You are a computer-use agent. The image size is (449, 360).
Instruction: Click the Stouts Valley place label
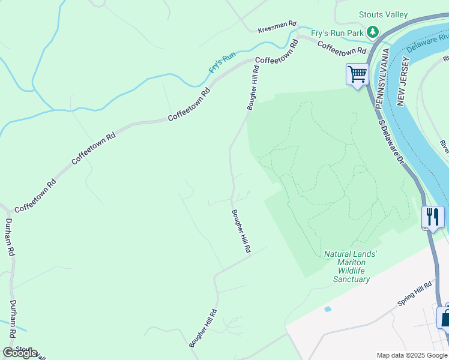[383, 14]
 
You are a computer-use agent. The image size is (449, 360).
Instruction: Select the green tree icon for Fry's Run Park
[373, 31]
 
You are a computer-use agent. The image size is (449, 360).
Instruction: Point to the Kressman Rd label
[277, 27]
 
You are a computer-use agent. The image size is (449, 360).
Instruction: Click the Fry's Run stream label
[221, 63]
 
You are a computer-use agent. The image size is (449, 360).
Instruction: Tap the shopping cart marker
[357, 75]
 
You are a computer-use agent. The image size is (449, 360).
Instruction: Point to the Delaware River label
[427, 42]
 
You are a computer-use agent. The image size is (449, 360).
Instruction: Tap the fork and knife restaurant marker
[433, 217]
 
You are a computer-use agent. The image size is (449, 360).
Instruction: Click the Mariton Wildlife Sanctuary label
[351, 266]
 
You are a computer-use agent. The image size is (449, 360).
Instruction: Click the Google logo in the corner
[20, 353]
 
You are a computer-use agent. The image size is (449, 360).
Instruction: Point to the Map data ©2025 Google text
[411, 355]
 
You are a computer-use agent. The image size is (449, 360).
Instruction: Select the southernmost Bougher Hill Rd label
[203, 328]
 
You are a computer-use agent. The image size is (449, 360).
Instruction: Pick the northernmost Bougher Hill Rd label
[253, 88]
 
